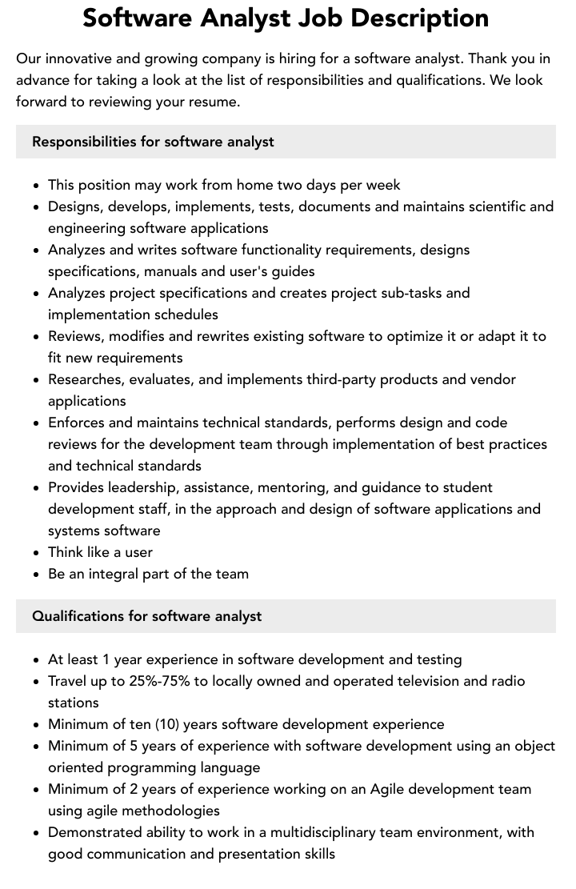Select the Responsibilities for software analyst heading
(153, 142)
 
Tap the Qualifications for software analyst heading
(147, 616)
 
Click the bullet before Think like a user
(37, 553)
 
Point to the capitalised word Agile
(390, 789)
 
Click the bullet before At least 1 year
(37, 660)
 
